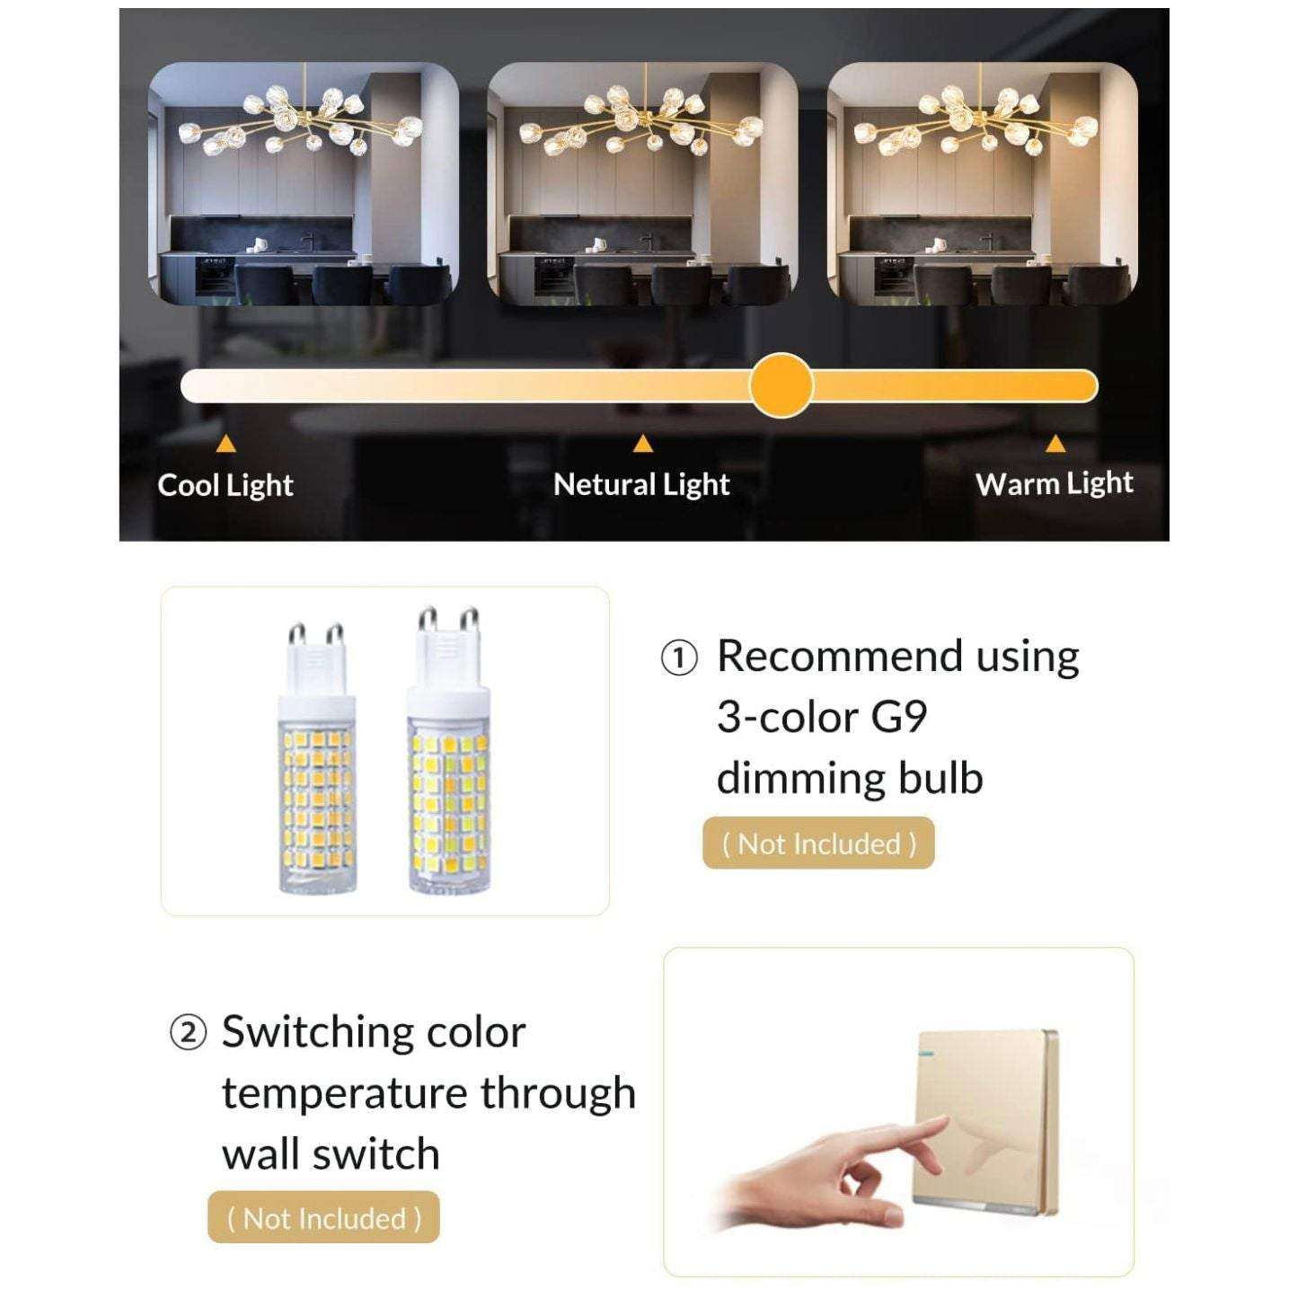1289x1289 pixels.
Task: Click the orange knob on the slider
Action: tap(781, 386)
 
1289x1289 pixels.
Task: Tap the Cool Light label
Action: tap(225, 486)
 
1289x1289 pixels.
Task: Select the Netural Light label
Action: tap(641, 485)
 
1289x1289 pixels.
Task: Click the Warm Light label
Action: tap(1055, 483)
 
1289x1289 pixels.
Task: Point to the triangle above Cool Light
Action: tap(226, 444)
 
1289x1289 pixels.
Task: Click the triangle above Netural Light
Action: tap(643, 444)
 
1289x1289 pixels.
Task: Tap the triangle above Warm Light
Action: tap(1055, 444)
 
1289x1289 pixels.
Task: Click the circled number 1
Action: tap(679, 659)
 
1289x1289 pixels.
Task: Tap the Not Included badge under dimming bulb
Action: tap(818, 843)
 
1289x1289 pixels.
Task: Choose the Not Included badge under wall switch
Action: tap(323, 1219)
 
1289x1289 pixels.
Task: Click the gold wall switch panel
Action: tap(987, 1115)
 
